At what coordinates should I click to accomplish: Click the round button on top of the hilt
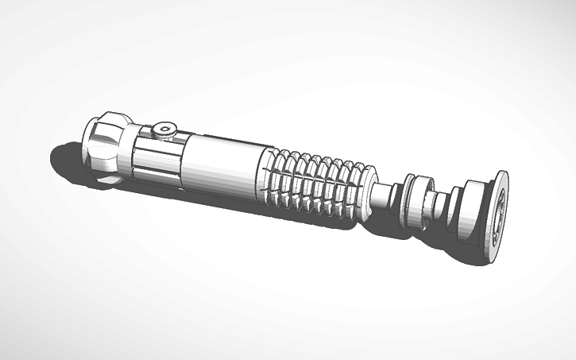[x=164, y=129]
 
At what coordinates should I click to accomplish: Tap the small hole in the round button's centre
[x=164, y=127]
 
